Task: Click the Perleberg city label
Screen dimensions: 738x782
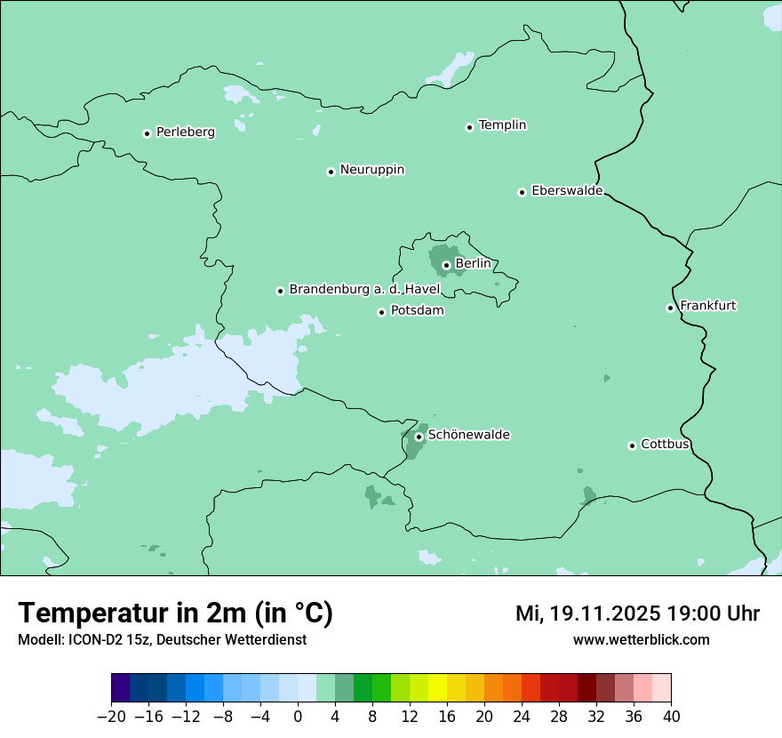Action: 185,132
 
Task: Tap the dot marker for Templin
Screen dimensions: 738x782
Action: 469,127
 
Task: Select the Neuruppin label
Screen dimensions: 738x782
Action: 371,170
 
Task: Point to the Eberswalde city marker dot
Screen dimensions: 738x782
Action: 522,192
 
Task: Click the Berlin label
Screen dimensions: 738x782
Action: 473,264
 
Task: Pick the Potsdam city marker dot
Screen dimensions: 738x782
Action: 381,312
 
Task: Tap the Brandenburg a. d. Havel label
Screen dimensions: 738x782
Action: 364,290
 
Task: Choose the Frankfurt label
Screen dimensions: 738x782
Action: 707,306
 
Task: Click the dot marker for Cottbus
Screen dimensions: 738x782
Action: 632,445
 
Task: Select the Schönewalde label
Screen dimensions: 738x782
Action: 468,435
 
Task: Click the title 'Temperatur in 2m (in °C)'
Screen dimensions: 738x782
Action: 175,614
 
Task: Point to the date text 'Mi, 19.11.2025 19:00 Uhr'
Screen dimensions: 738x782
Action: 637,614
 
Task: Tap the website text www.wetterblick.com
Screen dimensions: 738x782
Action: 641,640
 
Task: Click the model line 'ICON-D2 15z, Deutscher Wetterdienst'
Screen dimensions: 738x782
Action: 162,640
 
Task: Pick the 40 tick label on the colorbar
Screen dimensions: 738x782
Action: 671,717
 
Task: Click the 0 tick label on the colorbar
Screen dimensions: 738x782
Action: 299,717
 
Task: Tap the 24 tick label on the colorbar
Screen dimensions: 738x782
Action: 522,717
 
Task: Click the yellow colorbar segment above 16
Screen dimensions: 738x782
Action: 438,688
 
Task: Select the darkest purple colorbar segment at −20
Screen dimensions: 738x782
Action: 121,688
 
